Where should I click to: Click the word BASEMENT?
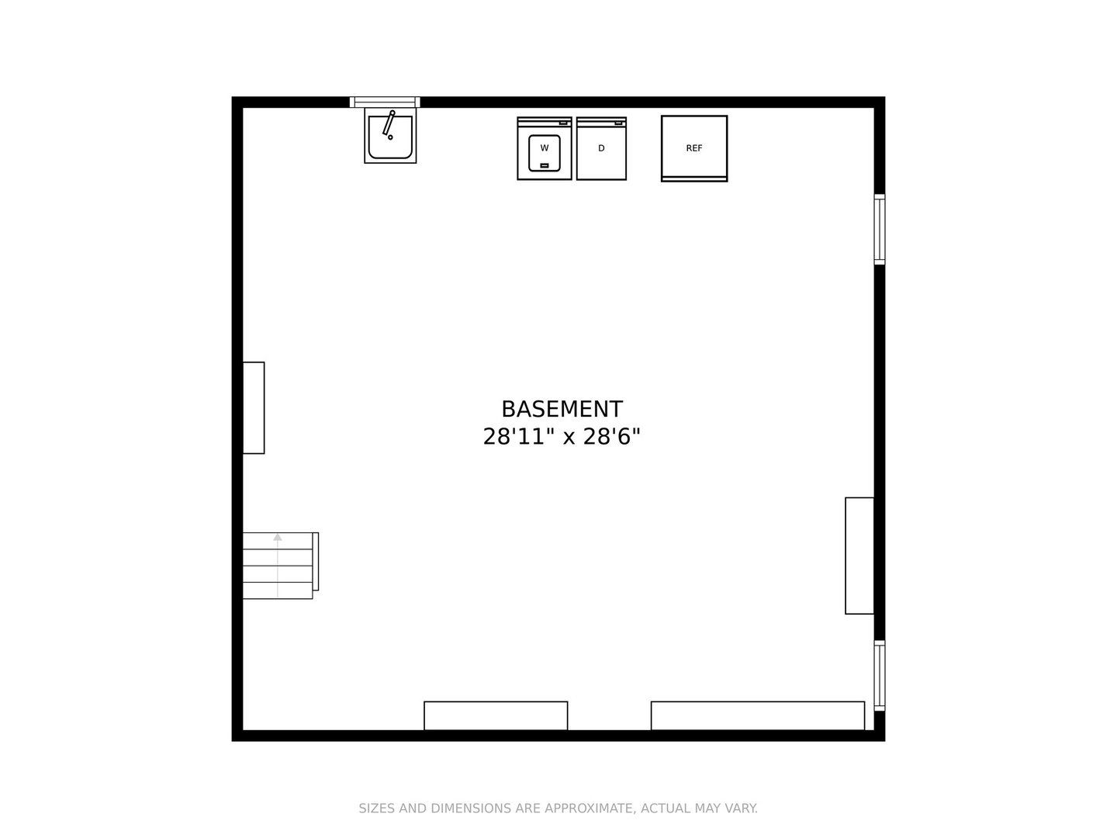point(562,409)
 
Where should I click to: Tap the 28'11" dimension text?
point(518,437)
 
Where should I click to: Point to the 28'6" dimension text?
point(611,437)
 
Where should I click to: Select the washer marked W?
point(544,148)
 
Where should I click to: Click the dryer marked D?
point(601,148)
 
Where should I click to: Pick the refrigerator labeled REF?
point(694,148)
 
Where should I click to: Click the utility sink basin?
point(390,137)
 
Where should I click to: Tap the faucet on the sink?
point(389,124)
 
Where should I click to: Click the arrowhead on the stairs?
point(278,537)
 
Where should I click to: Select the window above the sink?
point(385,102)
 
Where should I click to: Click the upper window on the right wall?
point(880,229)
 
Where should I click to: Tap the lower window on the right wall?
point(880,676)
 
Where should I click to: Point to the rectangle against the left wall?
point(254,407)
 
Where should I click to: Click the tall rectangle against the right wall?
point(859,556)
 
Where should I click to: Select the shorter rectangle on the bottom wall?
point(496,716)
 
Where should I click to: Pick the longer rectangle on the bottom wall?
point(758,716)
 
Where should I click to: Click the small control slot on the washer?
point(544,165)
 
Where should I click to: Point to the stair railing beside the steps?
point(316,561)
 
